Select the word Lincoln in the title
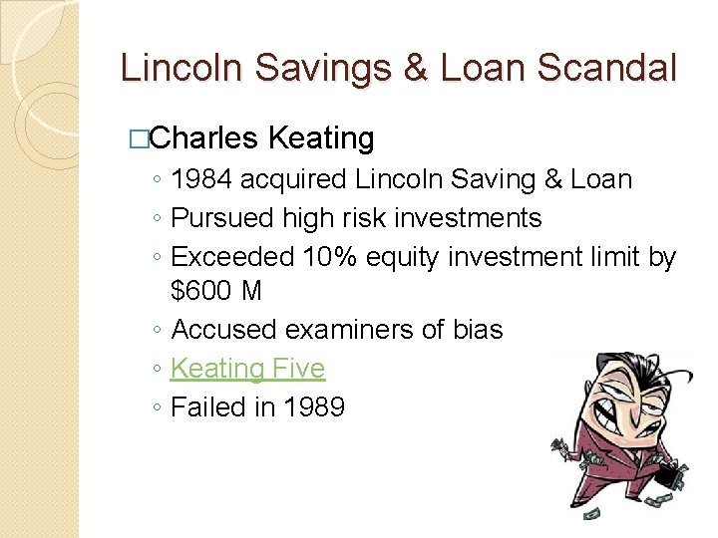coord(182,68)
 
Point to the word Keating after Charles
coord(322,137)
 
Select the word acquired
coord(292,180)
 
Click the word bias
coord(477,330)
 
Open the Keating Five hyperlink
coord(247,369)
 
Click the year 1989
coord(310,406)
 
